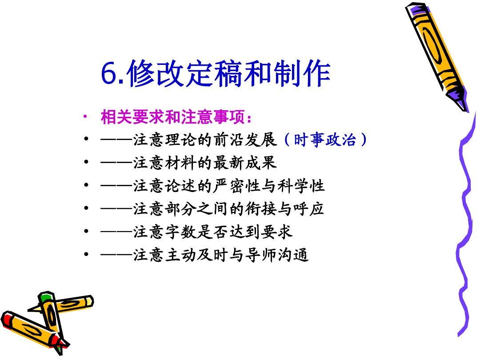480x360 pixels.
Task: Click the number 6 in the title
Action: tap(109, 73)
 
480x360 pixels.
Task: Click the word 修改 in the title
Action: tap(155, 73)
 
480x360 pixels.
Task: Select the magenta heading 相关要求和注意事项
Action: tap(173, 117)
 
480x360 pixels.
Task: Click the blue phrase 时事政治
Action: tap(325, 140)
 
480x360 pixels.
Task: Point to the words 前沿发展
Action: tap(245, 140)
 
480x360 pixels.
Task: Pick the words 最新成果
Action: tap(245, 163)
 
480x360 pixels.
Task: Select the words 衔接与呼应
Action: tap(284, 209)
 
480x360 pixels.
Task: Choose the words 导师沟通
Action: tap(277, 255)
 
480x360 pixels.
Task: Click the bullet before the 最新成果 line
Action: tap(86, 162)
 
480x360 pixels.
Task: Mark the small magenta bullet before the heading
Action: tap(85, 116)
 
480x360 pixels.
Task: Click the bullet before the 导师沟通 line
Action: tap(86, 254)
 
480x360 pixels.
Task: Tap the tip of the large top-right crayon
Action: tap(466, 111)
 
